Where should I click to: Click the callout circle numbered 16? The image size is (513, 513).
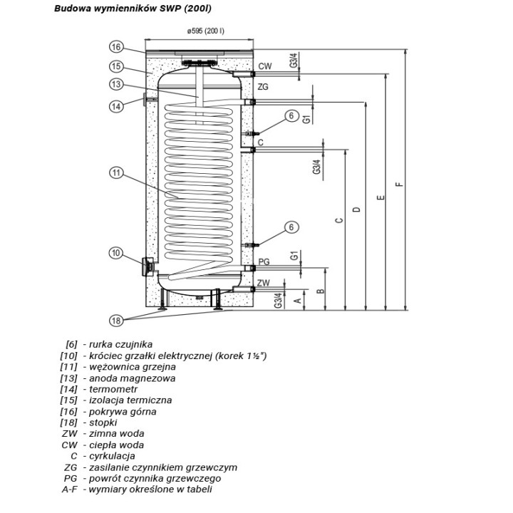click(116, 47)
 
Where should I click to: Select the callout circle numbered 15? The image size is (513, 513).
click(116, 67)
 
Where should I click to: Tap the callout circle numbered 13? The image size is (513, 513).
click(116, 84)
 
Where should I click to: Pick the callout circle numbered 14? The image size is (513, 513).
click(116, 106)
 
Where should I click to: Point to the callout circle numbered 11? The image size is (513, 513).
click(116, 172)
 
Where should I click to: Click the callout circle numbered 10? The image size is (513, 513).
click(116, 253)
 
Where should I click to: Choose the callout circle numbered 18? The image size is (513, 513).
click(116, 321)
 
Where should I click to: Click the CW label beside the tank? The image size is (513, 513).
click(264, 66)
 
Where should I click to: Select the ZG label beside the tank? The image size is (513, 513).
click(263, 87)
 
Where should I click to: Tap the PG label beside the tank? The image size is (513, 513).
click(264, 261)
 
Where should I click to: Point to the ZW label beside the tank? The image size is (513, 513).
click(264, 283)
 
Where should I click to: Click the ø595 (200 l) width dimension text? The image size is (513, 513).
click(205, 31)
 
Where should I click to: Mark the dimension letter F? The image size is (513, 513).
click(399, 185)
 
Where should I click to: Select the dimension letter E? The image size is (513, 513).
click(380, 197)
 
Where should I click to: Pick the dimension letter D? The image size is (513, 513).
click(357, 209)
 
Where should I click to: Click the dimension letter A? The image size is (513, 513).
click(298, 300)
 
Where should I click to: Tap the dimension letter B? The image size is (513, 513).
click(321, 291)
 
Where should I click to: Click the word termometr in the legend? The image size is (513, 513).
click(113, 389)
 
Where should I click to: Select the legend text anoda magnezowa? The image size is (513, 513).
click(133, 378)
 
